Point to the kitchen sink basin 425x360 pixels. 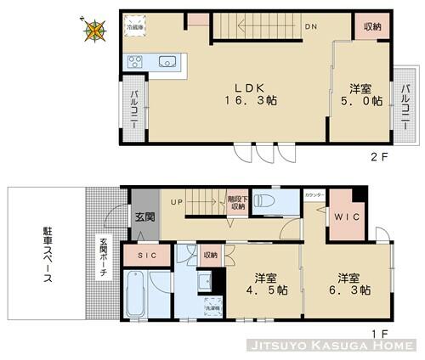coord(167,60)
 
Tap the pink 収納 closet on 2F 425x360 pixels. coord(371,26)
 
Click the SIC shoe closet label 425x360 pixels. coord(145,255)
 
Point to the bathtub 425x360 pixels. coord(136,295)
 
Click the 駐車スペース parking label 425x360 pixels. coord(48,254)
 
